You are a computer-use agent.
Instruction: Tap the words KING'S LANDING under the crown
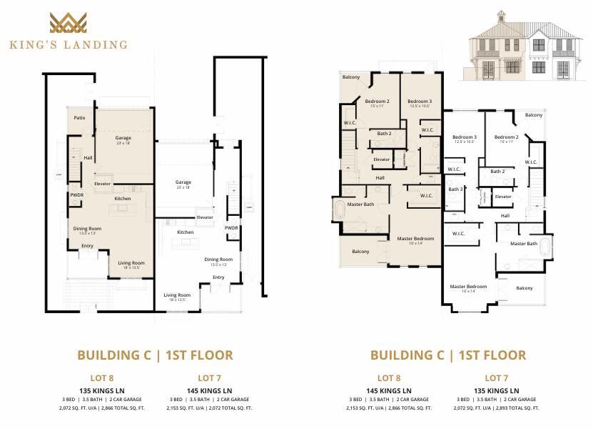tap(69, 44)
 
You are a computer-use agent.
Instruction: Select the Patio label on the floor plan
tap(80, 118)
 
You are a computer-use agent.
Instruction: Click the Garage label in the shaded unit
tap(123, 139)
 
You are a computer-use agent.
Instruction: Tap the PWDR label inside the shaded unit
tap(76, 194)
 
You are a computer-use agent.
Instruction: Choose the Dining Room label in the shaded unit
tap(87, 230)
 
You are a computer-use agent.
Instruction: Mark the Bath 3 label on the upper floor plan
tap(455, 189)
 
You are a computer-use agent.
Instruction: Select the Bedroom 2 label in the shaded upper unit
tap(377, 102)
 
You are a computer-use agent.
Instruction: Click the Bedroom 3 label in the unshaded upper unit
tap(465, 137)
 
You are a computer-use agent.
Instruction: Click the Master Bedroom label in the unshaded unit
tap(468, 287)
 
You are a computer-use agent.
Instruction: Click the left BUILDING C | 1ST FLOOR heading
tap(155, 355)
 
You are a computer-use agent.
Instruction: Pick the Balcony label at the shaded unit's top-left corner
tap(351, 77)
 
